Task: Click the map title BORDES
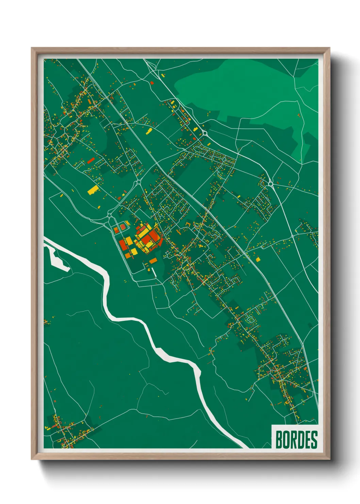pyautogui.click(x=296, y=439)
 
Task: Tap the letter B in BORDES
pyautogui.click(x=279, y=439)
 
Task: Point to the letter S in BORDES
pyautogui.click(x=314, y=439)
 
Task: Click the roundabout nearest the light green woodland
pyautogui.click(x=205, y=133)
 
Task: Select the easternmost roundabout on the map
pyautogui.click(x=271, y=184)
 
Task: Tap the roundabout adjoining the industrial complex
pyautogui.click(x=110, y=215)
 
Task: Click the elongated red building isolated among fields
pyautogui.click(x=90, y=160)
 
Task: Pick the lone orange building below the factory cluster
pyautogui.click(x=153, y=261)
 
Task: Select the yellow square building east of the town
pyautogui.click(x=258, y=259)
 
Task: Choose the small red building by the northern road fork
pyautogui.click(x=152, y=82)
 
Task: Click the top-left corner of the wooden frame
pyautogui.click(x=32, y=48)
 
